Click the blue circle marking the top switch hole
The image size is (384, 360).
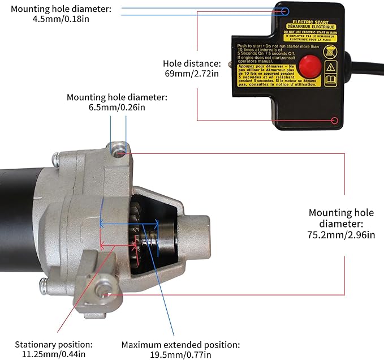pos(286,11)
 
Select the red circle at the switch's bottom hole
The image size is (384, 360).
pos(335,121)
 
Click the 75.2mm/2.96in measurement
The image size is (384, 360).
pos(341,234)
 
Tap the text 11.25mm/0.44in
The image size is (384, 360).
pos(54,354)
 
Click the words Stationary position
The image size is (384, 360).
pos(54,344)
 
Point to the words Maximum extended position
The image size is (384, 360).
pos(181,344)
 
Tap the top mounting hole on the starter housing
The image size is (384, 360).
pos(118,151)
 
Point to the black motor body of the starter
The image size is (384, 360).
pos(23,204)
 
